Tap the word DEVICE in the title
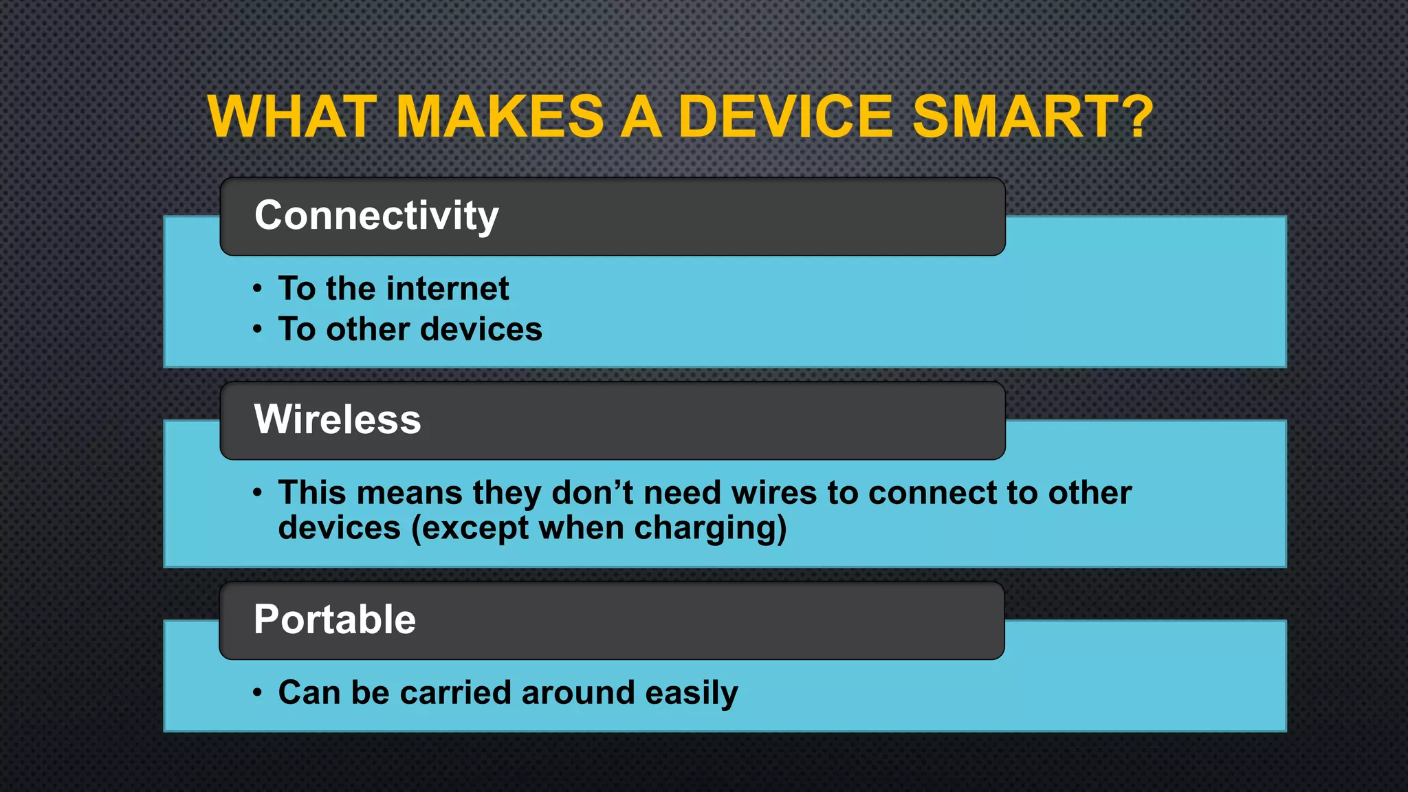click(785, 116)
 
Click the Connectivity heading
click(376, 216)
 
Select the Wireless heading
click(337, 419)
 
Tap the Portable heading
click(334, 619)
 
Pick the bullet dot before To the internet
click(257, 289)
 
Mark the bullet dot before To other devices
click(257, 329)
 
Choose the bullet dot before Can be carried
click(257, 692)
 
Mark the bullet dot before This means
click(257, 493)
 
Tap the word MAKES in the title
click(500, 116)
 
